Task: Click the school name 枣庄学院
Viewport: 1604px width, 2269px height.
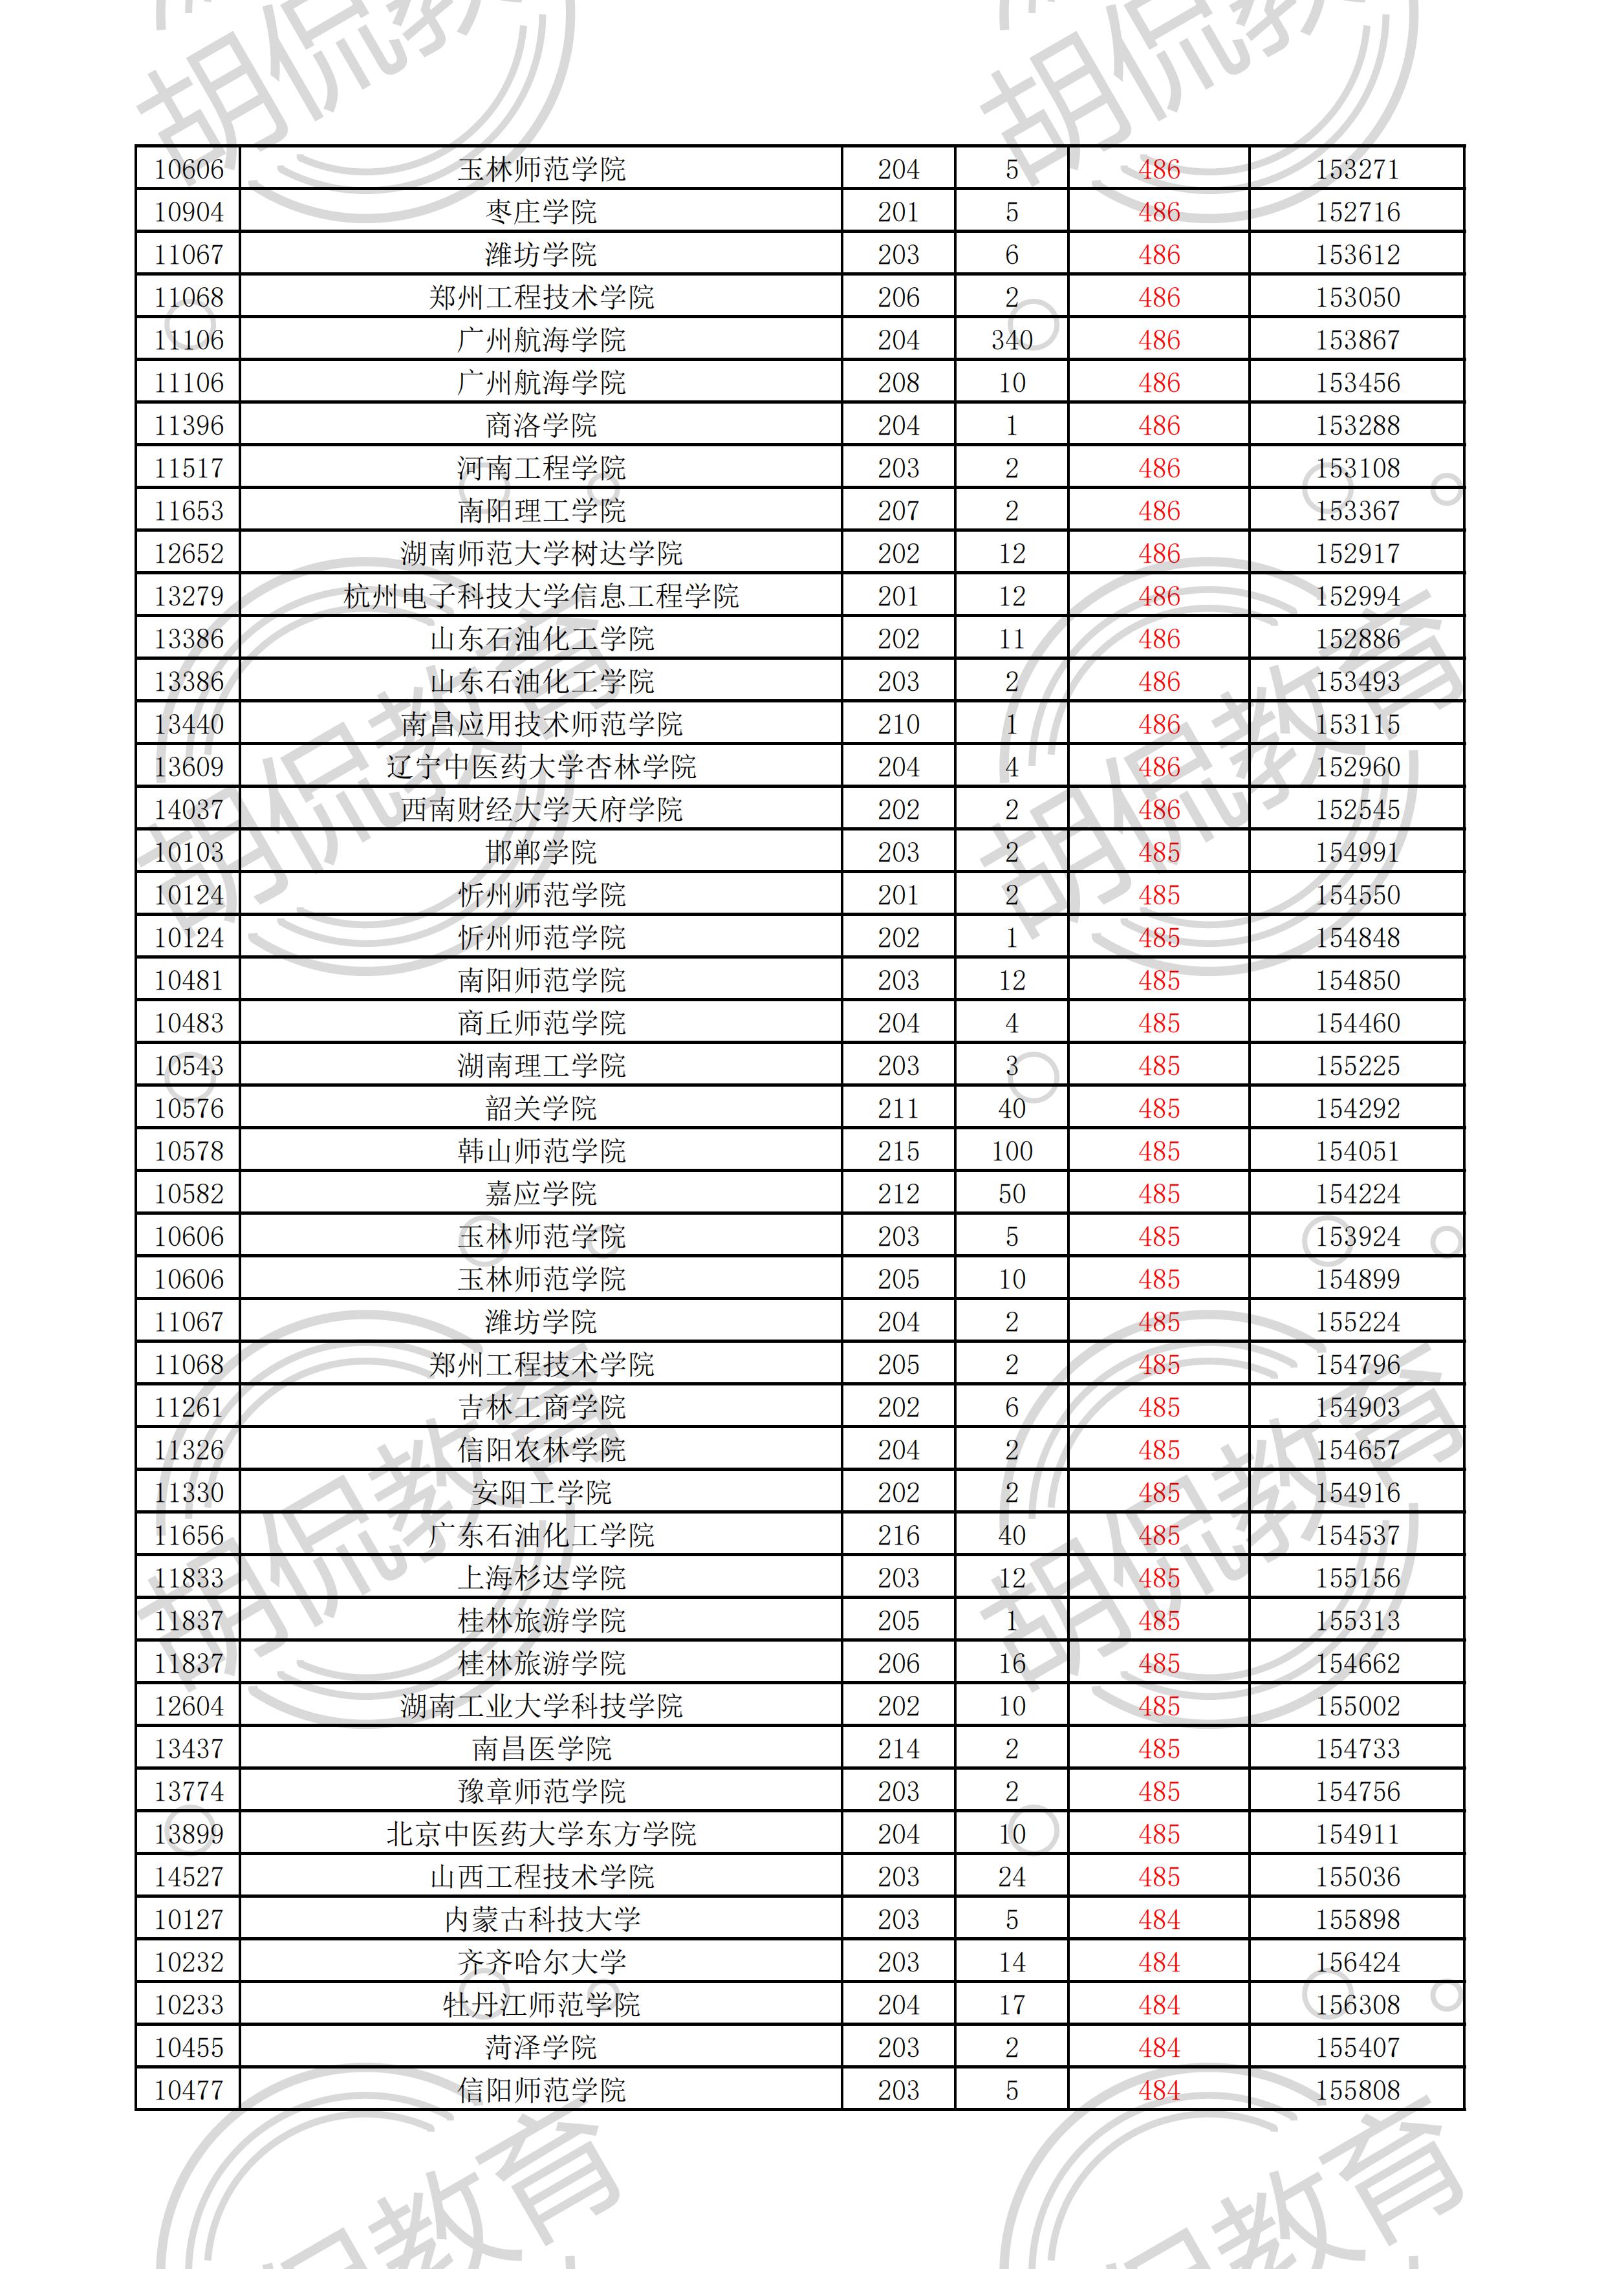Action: [x=541, y=212]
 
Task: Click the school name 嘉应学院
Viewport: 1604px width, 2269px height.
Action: [x=541, y=1194]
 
